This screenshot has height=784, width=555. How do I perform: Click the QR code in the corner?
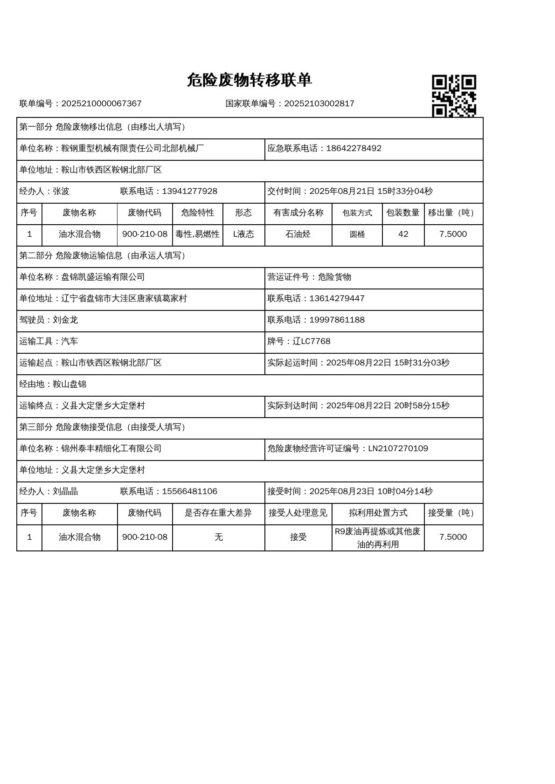(453, 96)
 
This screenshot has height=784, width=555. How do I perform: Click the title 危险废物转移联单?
(249, 80)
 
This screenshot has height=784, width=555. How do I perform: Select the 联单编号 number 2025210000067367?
(101, 103)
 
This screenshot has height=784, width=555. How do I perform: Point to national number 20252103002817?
(319, 103)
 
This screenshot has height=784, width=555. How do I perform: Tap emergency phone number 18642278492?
(354, 148)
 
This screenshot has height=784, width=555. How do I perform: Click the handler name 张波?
(61, 191)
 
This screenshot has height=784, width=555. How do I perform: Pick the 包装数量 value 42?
(403, 234)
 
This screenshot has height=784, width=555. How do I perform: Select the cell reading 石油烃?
(298, 234)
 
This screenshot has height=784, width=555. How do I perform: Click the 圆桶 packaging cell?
(357, 234)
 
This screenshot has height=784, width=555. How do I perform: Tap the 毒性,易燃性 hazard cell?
(197, 234)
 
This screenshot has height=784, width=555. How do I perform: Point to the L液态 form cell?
(243, 234)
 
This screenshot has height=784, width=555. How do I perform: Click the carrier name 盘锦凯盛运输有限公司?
(103, 277)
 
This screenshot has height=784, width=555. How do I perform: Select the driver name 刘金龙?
(65, 320)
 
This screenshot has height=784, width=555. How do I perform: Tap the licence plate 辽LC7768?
(312, 341)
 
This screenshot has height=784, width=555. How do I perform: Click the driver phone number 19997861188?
(337, 320)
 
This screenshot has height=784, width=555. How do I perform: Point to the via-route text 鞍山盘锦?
(69, 384)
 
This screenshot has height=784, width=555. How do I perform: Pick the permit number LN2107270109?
(398, 448)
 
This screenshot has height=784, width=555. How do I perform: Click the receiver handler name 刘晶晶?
(65, 491)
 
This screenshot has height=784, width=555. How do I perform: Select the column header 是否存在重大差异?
(218, 513)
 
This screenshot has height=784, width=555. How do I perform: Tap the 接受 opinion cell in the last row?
(298, 537)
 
